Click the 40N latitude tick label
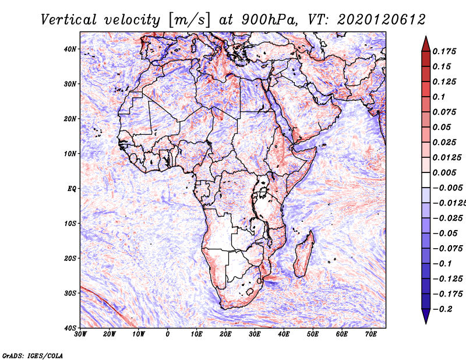[x=70, y=49]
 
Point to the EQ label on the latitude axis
[x=72, y=189]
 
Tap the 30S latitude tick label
[x=70, y=293]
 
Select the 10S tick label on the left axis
[x=70, y=223]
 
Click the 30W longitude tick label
[x=80, y=334]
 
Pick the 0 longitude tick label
[x=168, y=334]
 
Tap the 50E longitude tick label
[x=313, y=334]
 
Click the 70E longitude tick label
[x=371, y=334]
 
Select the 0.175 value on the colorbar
[x=444, y=51]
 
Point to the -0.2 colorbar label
[x=443, y=309]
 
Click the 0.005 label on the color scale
[x=444, y=172]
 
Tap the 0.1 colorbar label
[x=439, y=97]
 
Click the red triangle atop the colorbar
[x=426, y=44]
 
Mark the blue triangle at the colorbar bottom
[x=426, y=316]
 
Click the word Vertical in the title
[x=68, y=20]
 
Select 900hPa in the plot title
[x=269, y=20]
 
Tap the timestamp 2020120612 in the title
[x=382, y=20]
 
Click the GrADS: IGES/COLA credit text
[x=33, y=356]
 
